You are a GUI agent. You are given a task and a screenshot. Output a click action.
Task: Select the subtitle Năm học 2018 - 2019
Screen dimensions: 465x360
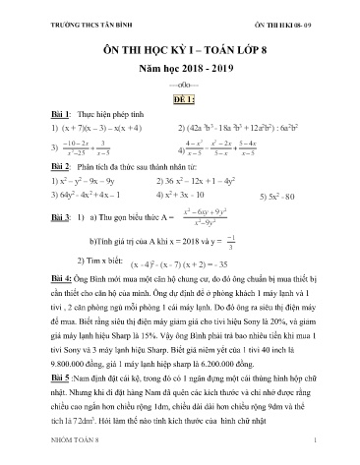click(x=180, y=65)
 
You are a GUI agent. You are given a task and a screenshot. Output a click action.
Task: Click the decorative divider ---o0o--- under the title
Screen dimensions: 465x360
click(x=180, y=83)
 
